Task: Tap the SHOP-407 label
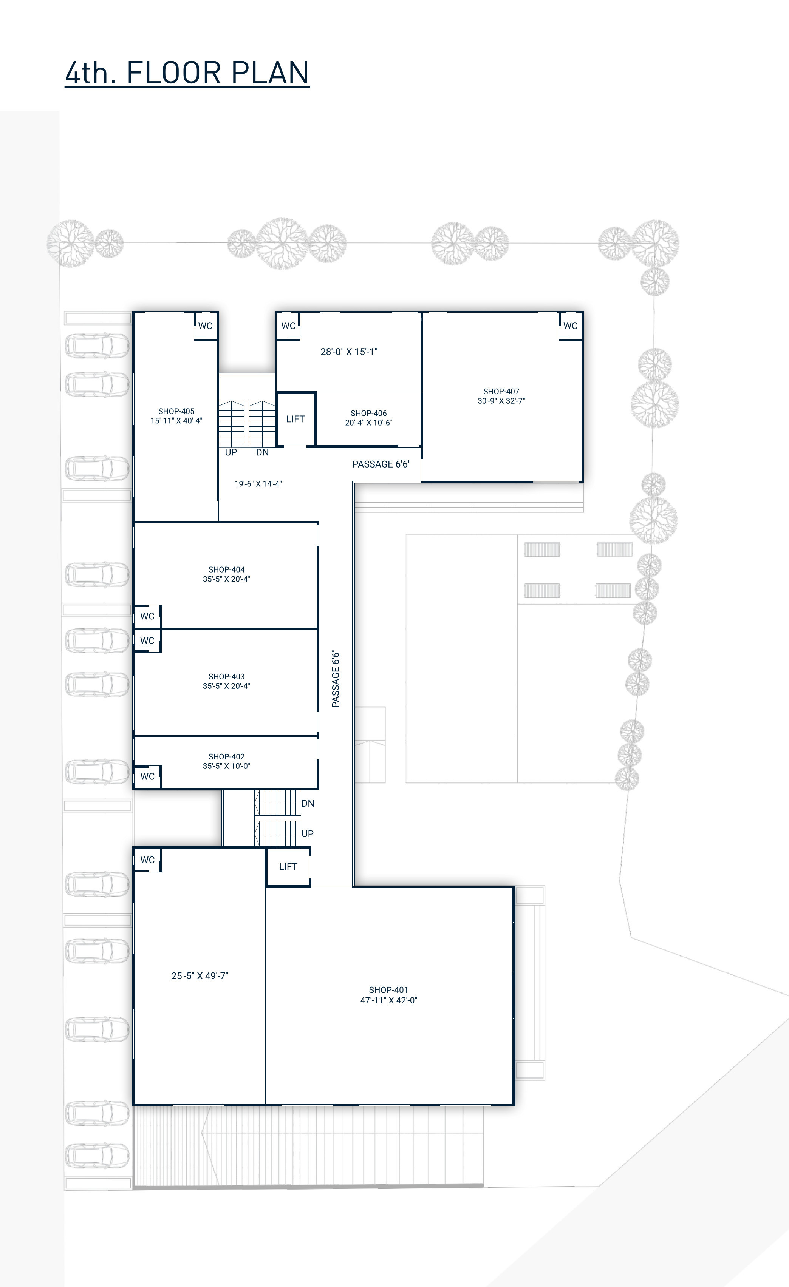tap(501, 391)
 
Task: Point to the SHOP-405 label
tap(176, 411)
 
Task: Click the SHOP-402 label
tap(226, 756)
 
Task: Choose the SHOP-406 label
tap(368, 413)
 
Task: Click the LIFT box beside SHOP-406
tap(295, 419)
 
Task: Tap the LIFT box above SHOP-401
tap(288, 867)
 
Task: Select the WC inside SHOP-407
tap(570, 326)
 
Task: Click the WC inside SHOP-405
tap(205, 326)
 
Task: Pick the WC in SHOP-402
tap(147, 777)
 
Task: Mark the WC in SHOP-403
tap(147, 641)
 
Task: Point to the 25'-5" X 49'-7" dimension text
tap(200, 976)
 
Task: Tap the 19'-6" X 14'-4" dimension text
tap(258, 484)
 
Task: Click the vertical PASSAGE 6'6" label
tap(336, 679)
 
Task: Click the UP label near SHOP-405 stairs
tap(231, 452)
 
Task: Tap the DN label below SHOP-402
tap(308, 803)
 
